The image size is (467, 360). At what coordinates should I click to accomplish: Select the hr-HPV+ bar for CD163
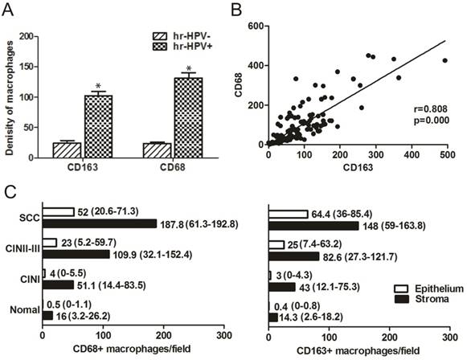(x=98, y=120)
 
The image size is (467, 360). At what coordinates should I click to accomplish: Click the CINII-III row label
(x=21, y=247)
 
